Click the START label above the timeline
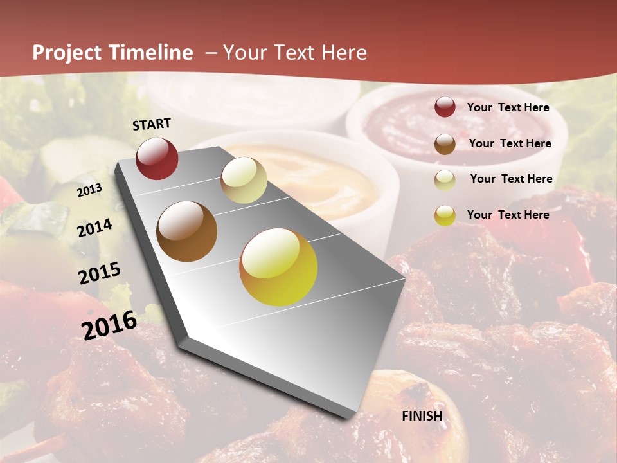coord(152,124)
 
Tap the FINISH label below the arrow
coord(422,416)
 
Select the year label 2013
coord(90,190)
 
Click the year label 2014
coord(95,228)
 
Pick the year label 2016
coord(109,325)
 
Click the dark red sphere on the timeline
coord(157,158)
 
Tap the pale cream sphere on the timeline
coord(244,179)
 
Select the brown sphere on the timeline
coord(187,232)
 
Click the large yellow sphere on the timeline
coord(278,267)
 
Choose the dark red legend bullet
coord(445,107)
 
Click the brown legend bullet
coord(445,144)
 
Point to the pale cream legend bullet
coord(445,180)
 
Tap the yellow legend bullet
coord(445,215)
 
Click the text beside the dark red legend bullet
coord(508,107)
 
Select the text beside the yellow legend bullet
coord(508,215)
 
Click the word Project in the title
coord(67,53)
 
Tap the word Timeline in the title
coord(152,53)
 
